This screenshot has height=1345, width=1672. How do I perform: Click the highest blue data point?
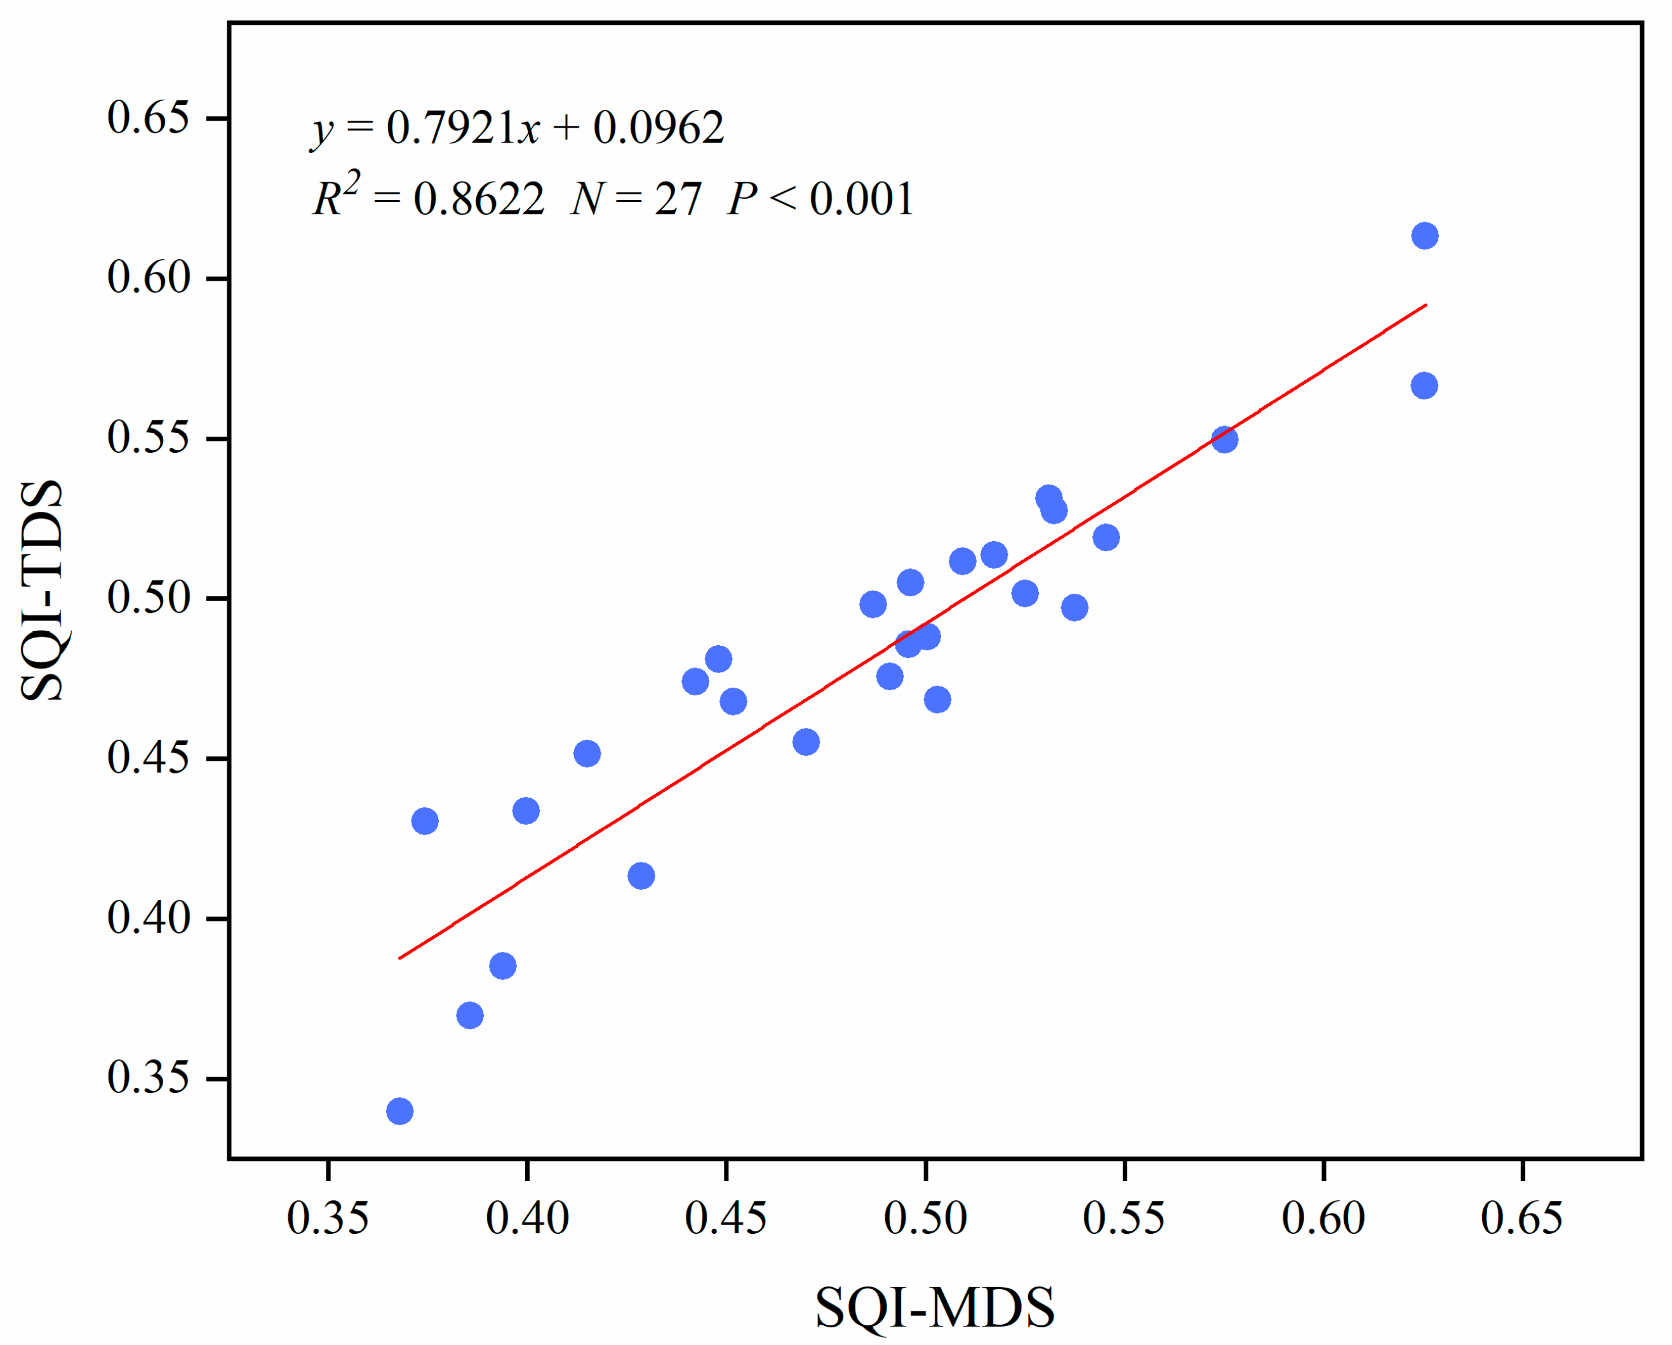[1424, 236]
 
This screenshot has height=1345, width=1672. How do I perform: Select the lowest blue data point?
[399, 1111]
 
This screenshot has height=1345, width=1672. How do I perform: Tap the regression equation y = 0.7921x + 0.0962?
[518, 129]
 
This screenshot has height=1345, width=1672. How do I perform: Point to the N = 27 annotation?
[636, 199]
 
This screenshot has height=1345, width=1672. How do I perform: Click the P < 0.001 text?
[820, 199]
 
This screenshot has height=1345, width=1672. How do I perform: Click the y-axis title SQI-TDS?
[43, 591]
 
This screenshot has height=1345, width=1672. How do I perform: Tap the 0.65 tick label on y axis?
[148, 119]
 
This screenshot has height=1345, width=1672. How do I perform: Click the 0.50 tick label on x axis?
[925, 1218]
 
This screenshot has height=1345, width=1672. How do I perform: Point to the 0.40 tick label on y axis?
[148, 918]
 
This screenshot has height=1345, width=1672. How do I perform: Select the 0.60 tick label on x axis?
[1323, 1218]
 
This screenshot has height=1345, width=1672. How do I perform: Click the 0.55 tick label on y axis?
[148, 438]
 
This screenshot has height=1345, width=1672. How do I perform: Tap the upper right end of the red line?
[1426, 305]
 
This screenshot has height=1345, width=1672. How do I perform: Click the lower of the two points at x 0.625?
[1424, 385]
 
